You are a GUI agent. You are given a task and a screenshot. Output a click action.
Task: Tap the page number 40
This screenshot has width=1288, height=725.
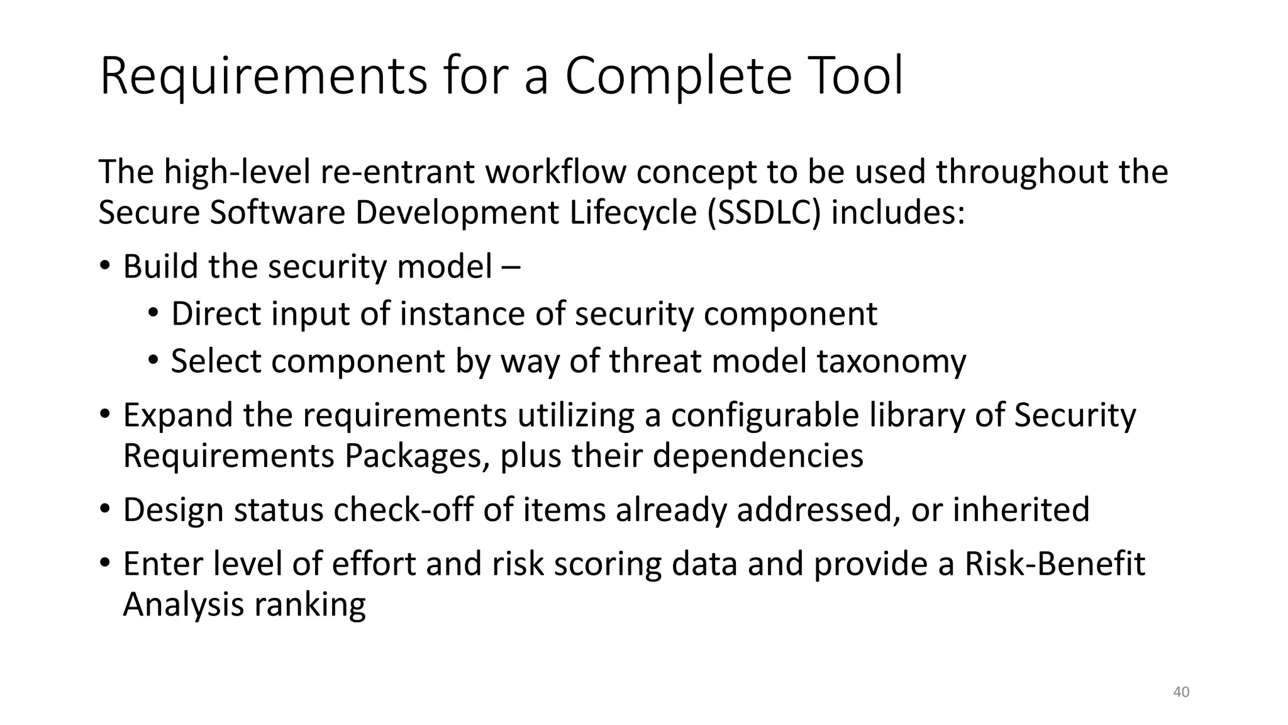(1182, 692)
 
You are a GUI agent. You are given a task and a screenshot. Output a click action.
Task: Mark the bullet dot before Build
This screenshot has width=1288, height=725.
(104, 266)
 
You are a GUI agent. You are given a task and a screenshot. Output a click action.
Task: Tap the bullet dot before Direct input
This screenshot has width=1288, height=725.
(153, 313)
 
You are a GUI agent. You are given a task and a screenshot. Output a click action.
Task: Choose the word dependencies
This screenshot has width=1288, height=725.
(758, 455)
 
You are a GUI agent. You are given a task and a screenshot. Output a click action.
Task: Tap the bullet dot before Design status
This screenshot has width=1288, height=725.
(104, 509)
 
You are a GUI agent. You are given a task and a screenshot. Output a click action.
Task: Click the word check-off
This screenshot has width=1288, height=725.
(403, 509)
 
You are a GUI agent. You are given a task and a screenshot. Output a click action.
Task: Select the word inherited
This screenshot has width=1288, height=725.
(1021, 509)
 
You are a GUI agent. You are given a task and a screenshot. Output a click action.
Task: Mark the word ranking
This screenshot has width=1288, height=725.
(310, 604)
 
